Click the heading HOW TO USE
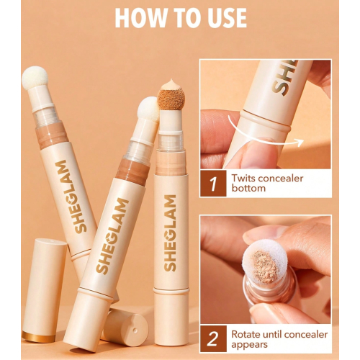pos(180,17)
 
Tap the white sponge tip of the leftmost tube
pos(34,81)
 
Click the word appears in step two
pos(251,346)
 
